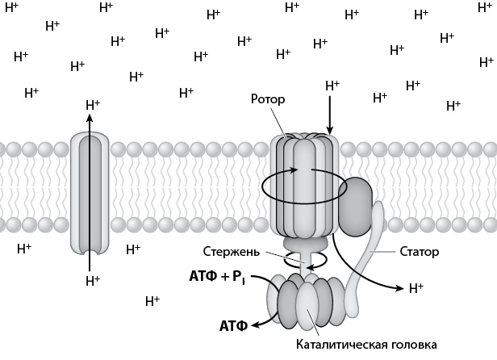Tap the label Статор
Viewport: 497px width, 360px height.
[419, 252]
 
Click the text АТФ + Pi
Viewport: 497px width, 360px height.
[216, 277]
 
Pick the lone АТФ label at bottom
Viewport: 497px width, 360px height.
[234, 327]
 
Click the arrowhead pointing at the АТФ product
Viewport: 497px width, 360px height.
[256, 326]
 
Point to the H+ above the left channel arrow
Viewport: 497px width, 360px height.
[93, 105]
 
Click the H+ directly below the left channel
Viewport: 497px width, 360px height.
[93, 281]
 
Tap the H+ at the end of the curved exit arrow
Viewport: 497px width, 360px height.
[416, 287]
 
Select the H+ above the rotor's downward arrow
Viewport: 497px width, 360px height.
[332, 86]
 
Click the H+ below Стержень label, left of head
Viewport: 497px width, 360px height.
[152, 301]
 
